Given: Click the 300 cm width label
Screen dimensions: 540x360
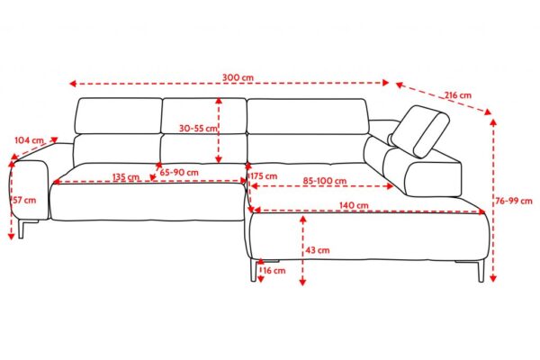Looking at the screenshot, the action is pyautogui.click(x=238, y=77).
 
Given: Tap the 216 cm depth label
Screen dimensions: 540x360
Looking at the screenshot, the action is pyautogui.click(x=457, y=94).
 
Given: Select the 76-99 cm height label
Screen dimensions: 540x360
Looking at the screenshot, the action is pyautogui.click(x=514, y=201).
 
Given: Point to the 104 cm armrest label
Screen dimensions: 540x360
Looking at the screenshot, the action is pyautogui.click(x=30, y=140).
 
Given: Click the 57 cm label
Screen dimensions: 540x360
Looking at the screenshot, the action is pyautogui.click(x=24, y=200).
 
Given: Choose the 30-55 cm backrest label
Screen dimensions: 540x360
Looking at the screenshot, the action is pyautogui.click(x=198, y=129).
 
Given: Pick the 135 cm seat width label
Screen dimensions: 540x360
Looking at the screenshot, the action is pyautogui.click(x=126, y=176).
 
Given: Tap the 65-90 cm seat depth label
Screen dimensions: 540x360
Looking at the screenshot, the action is pyautogui.click(x=179, y=172).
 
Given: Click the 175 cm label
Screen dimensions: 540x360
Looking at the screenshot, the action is pyautogui.click(x=264, y=176).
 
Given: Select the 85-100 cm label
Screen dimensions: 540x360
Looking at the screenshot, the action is pyautogui.click(x=325, y=181).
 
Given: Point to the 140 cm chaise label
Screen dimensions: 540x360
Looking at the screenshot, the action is pyautogui.click(x=354, y=205).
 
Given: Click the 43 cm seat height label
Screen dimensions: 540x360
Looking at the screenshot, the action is pyautogui.click(x=318, y=250).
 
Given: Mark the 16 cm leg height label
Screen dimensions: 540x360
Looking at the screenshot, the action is pyautogui.click(x=274, y=270).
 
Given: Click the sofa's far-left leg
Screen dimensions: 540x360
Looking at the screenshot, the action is pyautogui.click(x=22, y=229).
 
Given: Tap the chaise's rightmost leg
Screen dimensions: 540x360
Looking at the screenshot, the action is pyautogui.click(x=481, y=270).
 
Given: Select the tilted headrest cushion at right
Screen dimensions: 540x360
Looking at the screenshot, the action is pyautogui.click(x=420, y=131).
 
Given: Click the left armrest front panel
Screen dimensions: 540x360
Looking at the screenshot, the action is pyautogui.click(x=31, y=190).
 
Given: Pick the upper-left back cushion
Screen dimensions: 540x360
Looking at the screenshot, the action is pyautogui.click(x=119, y=116).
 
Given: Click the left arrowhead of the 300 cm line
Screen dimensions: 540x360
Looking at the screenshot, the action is pyautogui.click(x=72, y=84).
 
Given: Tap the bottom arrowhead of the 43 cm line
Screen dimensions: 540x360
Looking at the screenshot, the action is pyautogui.click(x=302, y=282).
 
